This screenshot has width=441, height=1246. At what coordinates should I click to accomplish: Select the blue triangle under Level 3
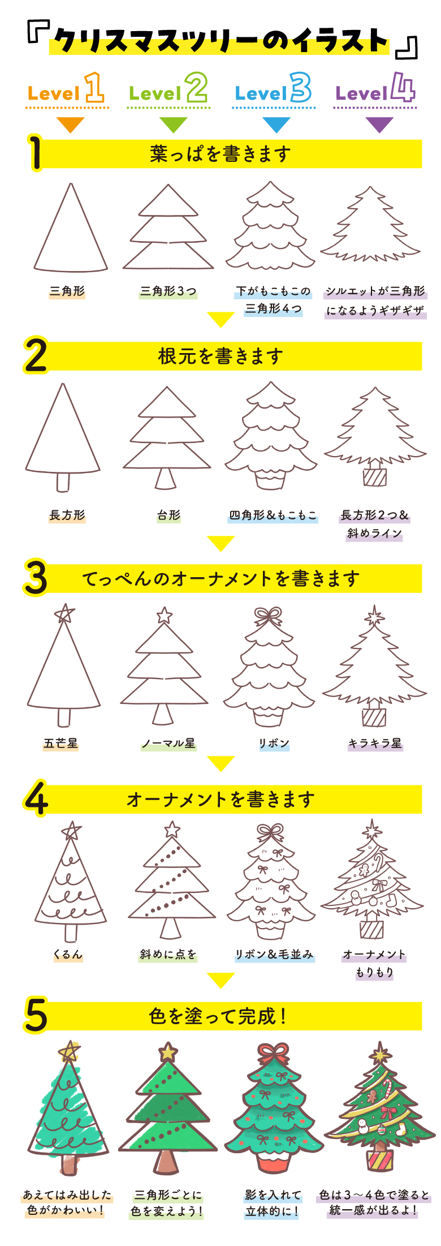[276, 124]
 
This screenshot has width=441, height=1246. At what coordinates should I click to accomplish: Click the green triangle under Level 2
[173, 124]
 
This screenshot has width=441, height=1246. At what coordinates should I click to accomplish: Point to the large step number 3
[36, 578]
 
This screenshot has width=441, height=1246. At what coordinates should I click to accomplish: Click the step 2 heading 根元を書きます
[220, 356]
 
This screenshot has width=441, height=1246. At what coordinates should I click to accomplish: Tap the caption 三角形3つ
[168, 291]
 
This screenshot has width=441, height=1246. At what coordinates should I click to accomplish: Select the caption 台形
[168, 515]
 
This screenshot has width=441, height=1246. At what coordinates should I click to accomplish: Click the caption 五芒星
[60, 743]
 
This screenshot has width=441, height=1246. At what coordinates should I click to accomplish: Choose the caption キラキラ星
[375, 743]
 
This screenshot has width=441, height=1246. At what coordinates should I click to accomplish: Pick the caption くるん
[68, 955]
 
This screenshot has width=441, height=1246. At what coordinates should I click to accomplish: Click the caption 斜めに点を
[168, 955]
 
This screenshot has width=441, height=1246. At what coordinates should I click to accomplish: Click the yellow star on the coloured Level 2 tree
[168, 1052]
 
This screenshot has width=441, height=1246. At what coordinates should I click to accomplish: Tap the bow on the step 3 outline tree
[268, 616]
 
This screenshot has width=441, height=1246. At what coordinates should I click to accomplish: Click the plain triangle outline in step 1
[71, 232]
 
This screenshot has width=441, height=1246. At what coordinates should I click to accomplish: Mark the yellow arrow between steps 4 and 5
[220, 979]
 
